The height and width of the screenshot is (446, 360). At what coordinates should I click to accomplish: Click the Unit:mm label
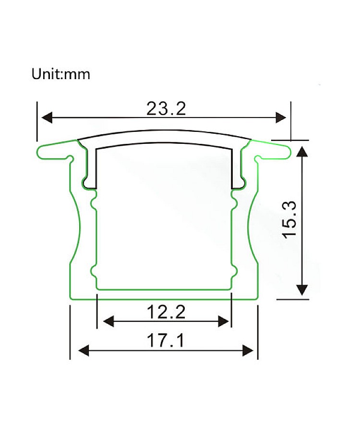[x=61, y=74]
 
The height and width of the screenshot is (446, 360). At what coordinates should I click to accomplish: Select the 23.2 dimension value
[x=166, y=109]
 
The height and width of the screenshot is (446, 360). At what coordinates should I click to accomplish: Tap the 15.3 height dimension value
[x=289, y=219]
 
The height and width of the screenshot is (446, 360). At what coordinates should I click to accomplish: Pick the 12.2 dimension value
[x=166, y=312]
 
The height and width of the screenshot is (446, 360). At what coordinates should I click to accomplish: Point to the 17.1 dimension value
[x=166, y=340]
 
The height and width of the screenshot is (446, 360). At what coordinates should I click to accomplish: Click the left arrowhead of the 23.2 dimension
[x=47, y=117]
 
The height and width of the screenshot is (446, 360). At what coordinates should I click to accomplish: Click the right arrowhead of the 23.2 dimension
[x=281, y=117]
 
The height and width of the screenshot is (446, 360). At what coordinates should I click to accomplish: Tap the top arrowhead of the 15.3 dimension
[x=302, y=152]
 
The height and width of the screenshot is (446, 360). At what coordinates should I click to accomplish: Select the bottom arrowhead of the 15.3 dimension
[x=302, y=290]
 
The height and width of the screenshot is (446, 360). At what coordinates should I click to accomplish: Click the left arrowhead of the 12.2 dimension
[x=108, y=321]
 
